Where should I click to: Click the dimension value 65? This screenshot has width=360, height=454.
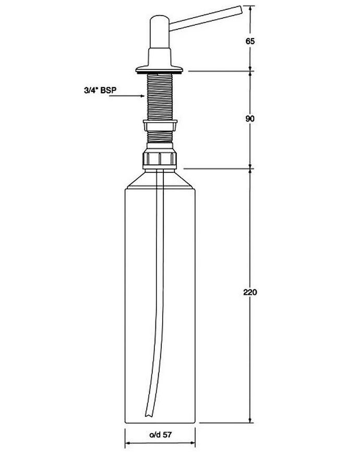250,41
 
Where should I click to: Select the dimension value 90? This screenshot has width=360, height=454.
250,118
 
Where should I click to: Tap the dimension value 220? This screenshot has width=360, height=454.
250,292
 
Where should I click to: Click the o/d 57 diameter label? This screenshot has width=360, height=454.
160,435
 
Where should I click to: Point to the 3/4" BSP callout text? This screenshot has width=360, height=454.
100,90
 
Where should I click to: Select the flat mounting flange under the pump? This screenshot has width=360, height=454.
160,70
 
